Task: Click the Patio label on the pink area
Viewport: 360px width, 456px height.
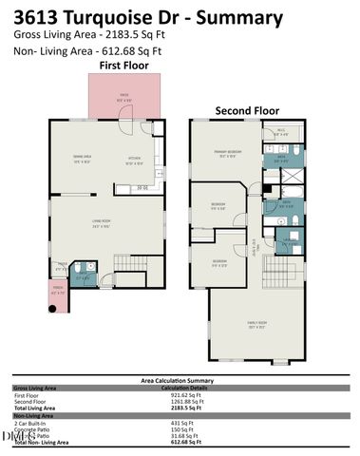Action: point(124,95)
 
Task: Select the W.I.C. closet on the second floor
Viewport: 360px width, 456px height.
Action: point(282,132)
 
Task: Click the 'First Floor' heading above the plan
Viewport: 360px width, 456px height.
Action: point(124,65)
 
